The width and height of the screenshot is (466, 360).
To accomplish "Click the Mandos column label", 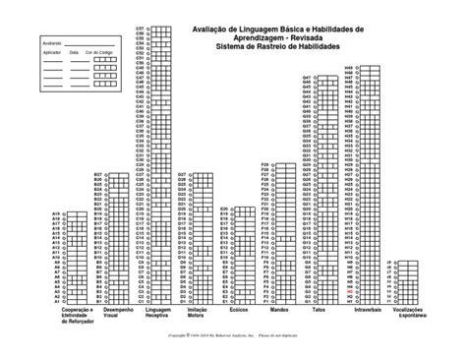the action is point(278,308).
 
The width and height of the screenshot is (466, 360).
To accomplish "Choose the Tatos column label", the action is point(319,308).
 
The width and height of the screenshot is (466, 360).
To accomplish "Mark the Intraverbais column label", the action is point(367,308).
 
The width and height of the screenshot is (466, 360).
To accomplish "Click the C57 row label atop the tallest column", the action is point(139,29).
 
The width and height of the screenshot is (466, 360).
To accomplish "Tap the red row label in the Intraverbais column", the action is point(351,293).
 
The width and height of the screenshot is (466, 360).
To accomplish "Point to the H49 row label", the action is point(349,66).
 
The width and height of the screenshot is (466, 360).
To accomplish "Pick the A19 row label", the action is point(55,213).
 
